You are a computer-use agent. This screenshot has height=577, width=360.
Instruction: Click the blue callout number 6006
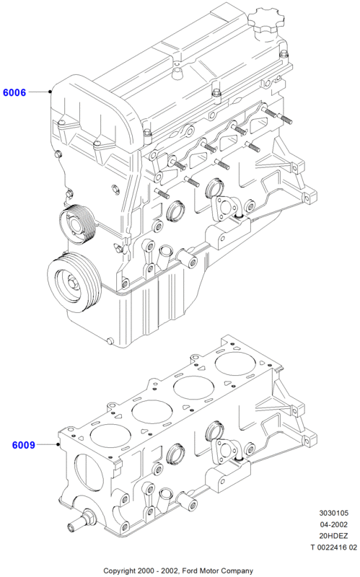14,92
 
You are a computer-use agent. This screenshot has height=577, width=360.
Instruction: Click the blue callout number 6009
24,445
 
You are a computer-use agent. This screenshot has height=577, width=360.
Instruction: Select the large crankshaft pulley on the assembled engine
74,282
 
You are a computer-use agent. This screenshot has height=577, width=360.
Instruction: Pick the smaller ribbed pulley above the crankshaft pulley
78,224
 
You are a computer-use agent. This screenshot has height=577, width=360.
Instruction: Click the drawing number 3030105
333,513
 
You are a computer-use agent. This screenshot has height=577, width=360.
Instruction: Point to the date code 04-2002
333,524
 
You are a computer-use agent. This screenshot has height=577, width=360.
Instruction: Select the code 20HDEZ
333,536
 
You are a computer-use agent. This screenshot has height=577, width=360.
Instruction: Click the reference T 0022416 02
333,547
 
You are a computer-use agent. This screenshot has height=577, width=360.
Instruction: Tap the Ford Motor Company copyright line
178,571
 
